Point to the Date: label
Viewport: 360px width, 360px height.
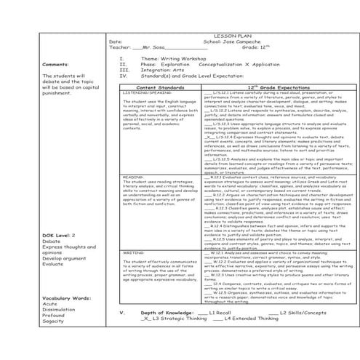tap(116, 41)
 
